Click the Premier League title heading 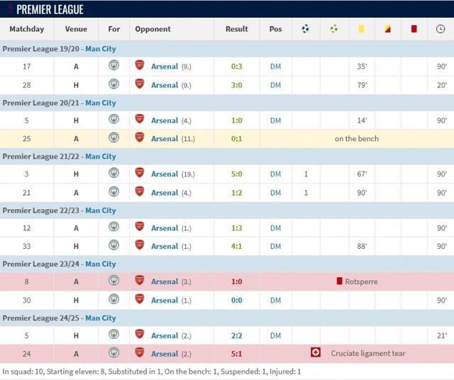[50, 9]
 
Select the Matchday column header [26, 29]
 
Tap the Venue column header [76, 29]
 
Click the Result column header [236, 29]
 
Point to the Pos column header [275, 29]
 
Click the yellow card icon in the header [361, 29]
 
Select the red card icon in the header [414, 29]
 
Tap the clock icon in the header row [441, 29]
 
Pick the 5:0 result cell [236, 174]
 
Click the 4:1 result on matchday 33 [236, 246]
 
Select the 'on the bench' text [356, 139]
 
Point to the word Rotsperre [361, 281]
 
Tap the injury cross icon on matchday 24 [316, 352]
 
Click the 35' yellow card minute [361, 67]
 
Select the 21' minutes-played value [441, 335]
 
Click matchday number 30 [26, 300]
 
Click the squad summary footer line [152, 371]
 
